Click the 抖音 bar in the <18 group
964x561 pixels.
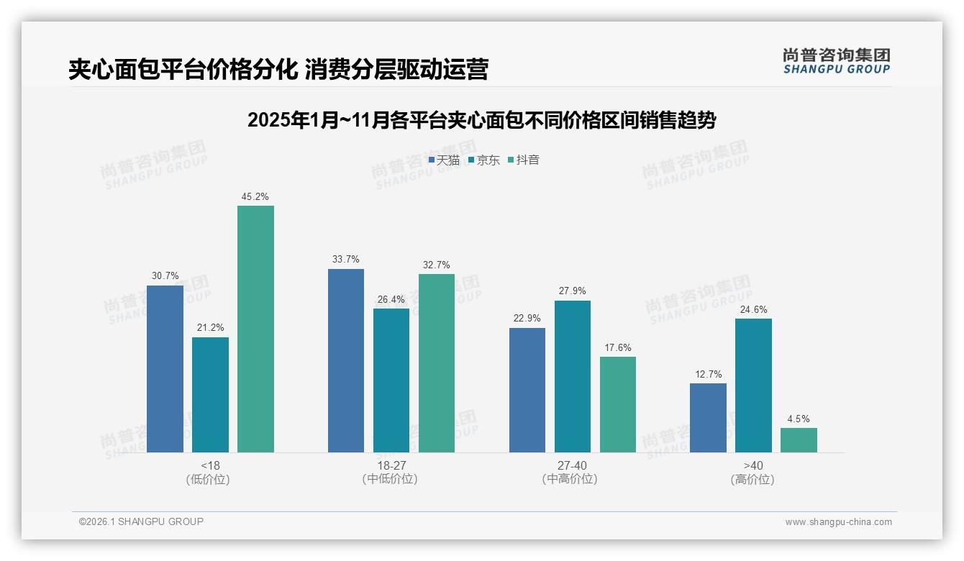[255, 329]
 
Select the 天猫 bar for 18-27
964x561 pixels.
[346, 360]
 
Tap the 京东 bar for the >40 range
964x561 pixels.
[753, 386]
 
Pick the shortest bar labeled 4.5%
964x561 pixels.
[799, 440]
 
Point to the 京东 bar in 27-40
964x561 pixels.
[572, 376]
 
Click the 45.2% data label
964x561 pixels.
[255, 196]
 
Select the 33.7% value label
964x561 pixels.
[346, 260]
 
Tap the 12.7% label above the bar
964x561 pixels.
[708, 374]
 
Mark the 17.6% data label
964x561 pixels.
[617, 348]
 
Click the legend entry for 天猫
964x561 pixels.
[444, 160]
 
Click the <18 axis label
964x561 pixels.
[211, 465]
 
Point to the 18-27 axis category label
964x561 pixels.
[391, 465]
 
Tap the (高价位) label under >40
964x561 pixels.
[753, 480]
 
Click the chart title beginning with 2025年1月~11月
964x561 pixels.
[481, 120]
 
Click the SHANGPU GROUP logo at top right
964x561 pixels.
[836, 61]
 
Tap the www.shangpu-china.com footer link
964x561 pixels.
[838, 522]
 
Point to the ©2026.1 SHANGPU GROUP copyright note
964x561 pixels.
[141, 521]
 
